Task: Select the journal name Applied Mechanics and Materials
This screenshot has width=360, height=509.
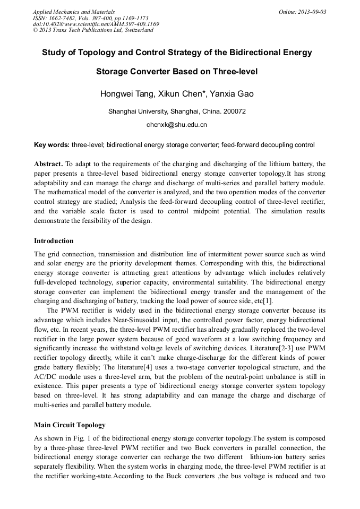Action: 74,12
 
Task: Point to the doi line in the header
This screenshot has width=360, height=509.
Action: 96,24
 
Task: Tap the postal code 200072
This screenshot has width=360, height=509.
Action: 234,111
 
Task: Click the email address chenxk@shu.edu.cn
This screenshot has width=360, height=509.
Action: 177,125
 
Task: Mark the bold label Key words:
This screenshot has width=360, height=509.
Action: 52,145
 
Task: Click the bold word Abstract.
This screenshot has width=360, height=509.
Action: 48,164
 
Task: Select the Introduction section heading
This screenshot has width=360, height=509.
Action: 54,240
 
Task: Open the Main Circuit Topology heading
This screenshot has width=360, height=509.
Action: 70,425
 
